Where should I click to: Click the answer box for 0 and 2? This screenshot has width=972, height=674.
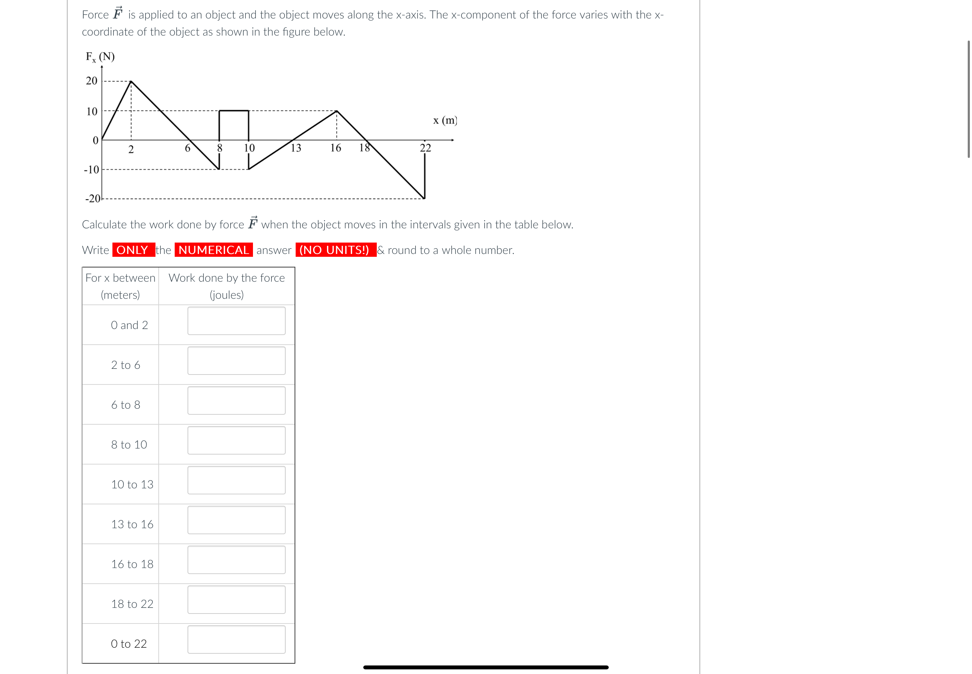(x=236, y=321)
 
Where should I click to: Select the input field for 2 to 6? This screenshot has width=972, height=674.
(x=236, y=361)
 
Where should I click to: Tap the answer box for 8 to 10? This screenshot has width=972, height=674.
(x=236, y=440)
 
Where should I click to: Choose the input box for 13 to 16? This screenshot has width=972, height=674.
(x=236, y=520)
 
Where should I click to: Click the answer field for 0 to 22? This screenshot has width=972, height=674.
(x=236, y=639)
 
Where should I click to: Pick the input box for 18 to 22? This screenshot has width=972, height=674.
(x=236, y=600)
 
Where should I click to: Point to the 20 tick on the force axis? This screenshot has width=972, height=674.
(x=92, y=81)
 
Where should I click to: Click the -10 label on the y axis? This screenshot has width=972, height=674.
(x=91, y=170)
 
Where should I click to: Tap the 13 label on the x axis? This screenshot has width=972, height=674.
(x=296, y=148)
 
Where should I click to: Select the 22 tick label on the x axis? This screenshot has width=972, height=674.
(x=426, y=148)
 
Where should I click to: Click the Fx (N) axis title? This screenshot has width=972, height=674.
(x=100, y=57)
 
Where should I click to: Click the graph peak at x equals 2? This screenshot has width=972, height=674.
(x=131, y=81)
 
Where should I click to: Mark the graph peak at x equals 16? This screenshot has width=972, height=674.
(x=337, y=111)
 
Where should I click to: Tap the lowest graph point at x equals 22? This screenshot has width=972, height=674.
(x=424, y=198)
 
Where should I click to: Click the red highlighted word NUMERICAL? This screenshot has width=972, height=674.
(x=214, y=250)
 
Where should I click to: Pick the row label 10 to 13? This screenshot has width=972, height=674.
(x=132, y=484)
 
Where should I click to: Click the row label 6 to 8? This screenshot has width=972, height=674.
(x=126, y=404)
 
